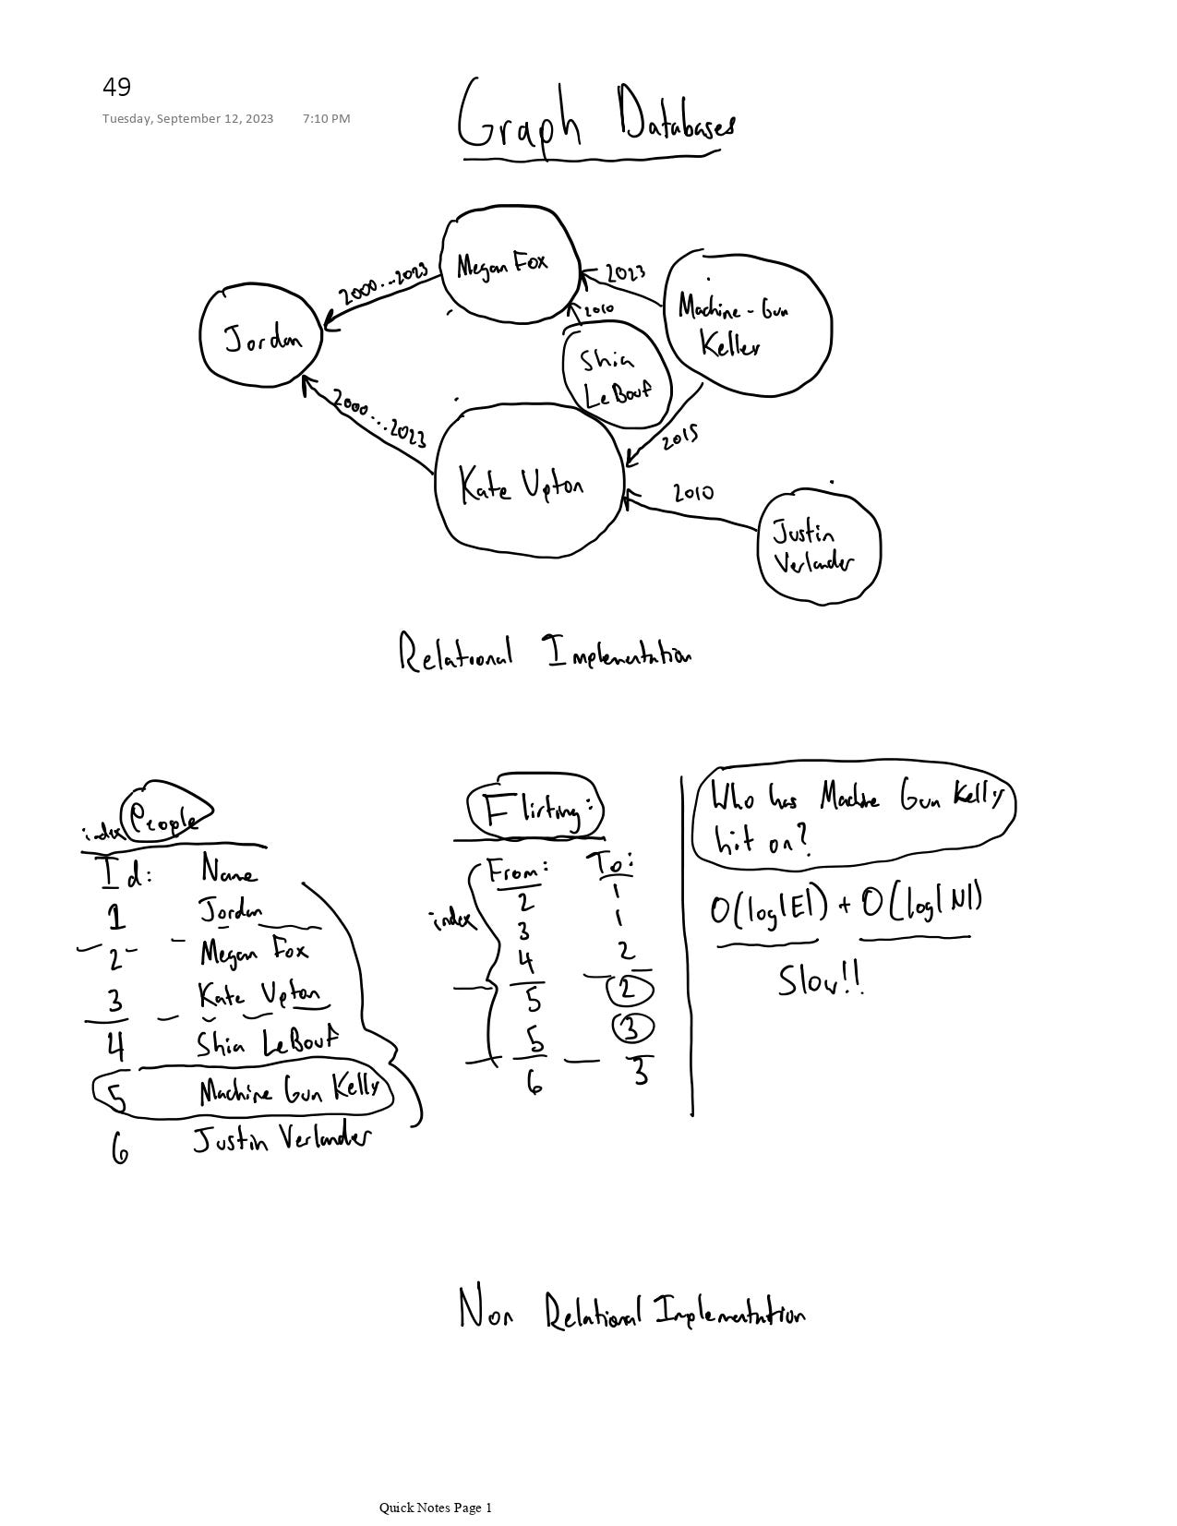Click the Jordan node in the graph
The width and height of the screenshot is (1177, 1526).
tap(262, 338)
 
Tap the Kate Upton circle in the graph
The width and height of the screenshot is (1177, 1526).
tap(526, 482)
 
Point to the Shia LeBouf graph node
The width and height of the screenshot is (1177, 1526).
tap(615, 375)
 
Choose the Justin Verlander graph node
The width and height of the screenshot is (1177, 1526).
tap(816, 547)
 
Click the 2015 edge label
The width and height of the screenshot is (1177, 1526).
tap(679, 436)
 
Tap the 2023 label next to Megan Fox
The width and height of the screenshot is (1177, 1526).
tap(626, 273)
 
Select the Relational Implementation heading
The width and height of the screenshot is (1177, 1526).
tap(545, 653)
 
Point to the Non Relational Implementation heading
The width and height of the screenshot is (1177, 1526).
tap(631, 1311)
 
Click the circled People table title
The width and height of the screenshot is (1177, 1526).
tap(164, 814)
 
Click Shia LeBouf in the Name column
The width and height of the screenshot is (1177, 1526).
tap(267, 1042)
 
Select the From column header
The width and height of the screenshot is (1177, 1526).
tap(517, 871)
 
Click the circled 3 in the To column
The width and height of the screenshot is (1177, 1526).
tap(632, 1027)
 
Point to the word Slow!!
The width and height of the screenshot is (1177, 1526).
tap(821, 979)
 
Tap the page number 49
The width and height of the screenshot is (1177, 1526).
tap(117, 88)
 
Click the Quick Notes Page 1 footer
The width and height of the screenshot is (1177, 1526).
tap(435, 1508)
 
